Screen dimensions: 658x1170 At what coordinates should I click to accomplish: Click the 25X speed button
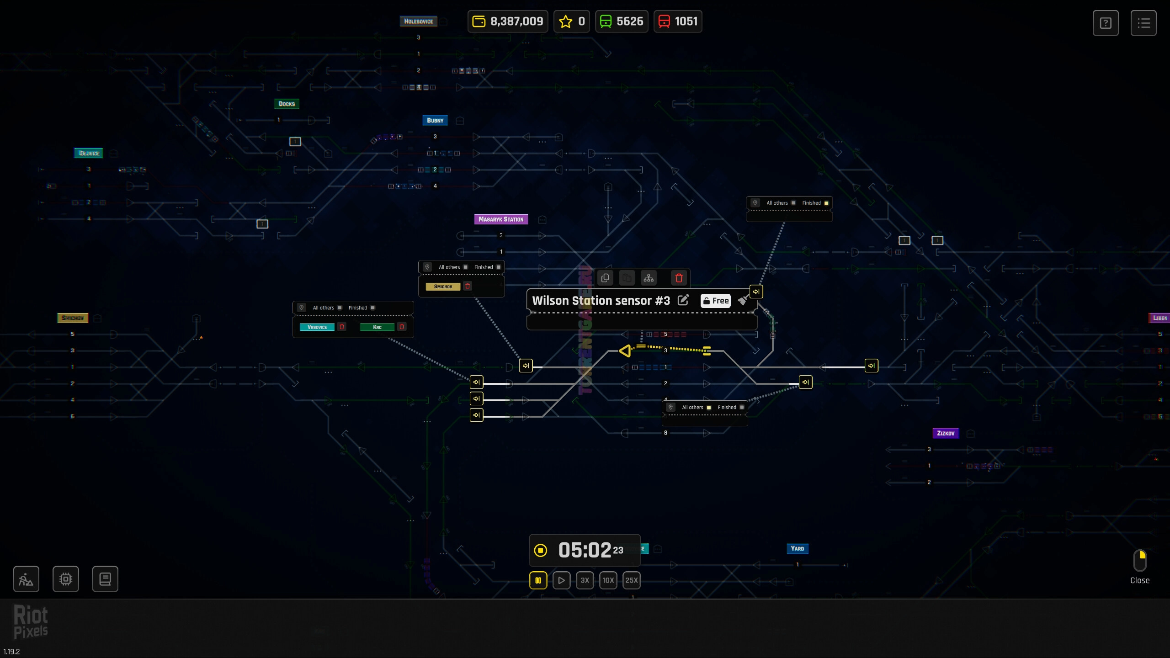click(x=631, y=580)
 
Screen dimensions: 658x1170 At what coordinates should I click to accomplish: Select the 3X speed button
click(x=585, y=580)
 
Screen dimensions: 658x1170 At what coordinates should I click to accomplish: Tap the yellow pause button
click(x=538, y=580)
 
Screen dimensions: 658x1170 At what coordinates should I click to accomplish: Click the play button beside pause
click(x=561, y=580)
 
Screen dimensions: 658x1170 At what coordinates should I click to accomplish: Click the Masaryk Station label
click(x=501, y=219)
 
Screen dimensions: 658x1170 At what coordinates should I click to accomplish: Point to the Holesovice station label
click(x=418, y=21)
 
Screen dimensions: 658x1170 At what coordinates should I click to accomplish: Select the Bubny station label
click(x=435, y=121)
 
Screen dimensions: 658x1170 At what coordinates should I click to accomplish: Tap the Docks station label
click(x=287, y=104)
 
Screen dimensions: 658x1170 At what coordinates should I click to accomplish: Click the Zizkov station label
click(x=946, y=433)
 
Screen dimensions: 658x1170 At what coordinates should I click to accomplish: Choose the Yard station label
click(x=798, y=548)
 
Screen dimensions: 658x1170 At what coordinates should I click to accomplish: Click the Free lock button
click(x=716, y=301)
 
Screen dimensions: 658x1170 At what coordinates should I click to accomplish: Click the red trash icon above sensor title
click(x=679, y=278)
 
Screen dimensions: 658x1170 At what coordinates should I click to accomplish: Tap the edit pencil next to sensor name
click(x=683, y=300)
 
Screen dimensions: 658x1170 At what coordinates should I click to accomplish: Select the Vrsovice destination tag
click(x=317, y=327)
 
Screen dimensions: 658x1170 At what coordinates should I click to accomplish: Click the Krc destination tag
click(x=377, y=327)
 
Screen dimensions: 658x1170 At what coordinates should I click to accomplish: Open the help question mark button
click(x=1106, y=23)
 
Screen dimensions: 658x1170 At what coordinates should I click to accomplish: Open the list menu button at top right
click(x=1143, y=23)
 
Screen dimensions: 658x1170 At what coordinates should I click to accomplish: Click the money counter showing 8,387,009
click(x=508, y=21)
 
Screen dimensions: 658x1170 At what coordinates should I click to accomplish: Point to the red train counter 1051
click(x=678, y=21)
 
